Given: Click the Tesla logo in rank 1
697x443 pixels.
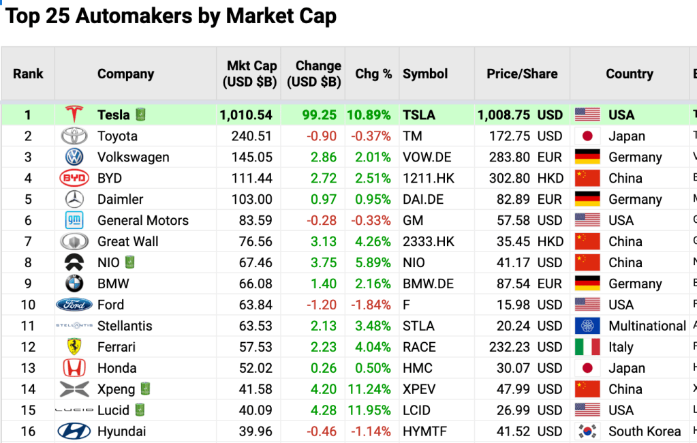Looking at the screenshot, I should pos(74,114).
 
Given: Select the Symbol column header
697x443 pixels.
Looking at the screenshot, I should pos(425,74).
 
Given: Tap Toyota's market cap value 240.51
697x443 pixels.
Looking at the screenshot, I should pos(252,136).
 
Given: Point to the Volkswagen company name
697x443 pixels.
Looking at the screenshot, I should pos(133,157).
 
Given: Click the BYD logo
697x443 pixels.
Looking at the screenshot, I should pos(74,179).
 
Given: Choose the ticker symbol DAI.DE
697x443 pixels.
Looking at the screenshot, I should pos(423,200).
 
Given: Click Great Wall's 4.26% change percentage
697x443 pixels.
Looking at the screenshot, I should pos(373,242).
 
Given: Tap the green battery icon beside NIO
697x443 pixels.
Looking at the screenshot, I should pos(129,262).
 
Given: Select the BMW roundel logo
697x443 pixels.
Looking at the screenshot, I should pos(74,284).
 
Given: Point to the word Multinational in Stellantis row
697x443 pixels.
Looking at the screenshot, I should pos(647,326).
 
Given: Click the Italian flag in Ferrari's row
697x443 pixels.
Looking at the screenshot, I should pos(587,347).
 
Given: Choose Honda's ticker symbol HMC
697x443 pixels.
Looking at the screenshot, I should pos(418,368).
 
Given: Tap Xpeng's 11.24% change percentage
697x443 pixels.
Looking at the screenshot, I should pos(370,389).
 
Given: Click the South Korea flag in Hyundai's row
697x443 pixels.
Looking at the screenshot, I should pos(587,431).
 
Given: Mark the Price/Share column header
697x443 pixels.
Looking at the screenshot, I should pos(522,74).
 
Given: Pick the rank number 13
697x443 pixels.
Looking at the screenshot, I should pos(28,368).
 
